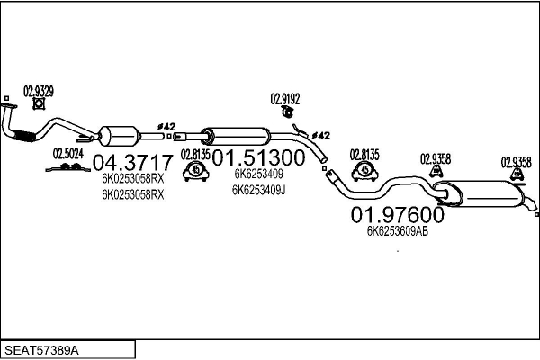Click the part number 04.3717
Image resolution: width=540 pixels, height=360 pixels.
pyautogui.click(x=130, y=163)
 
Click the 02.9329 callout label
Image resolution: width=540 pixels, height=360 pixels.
pyautogui.click(x=38, y=90)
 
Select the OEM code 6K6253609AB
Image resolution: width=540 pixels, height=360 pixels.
pyautogui.click(x=397, y=231)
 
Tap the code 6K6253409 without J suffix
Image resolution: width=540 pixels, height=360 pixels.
pyautogui.click(x=258, y=175)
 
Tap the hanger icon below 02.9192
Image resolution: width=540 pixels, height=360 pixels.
pyautogui.click(x=287, y=112)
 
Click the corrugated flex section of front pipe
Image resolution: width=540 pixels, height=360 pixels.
pyautogui.click(x=24, y=136)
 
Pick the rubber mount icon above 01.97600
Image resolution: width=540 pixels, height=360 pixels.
pyautogui.click(x=364, y=169)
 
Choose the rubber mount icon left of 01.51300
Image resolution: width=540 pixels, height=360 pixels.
pyautogui.click(x=196, y=169)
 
